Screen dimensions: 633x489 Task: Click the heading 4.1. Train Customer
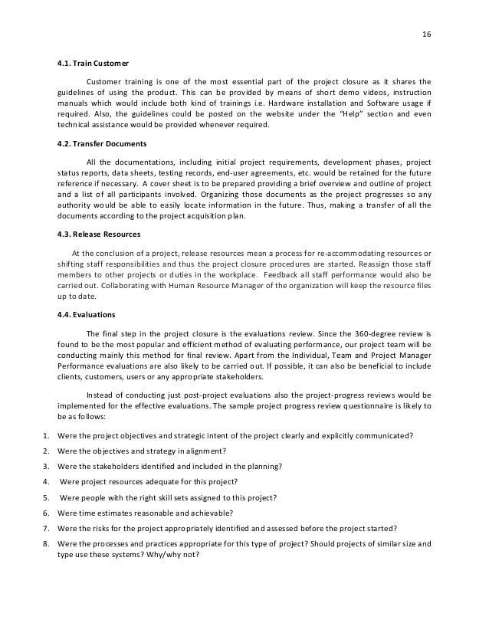pyautogui.click(x=94, y=62)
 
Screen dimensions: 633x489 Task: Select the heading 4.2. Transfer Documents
pyautogui.click(x=103, y=143)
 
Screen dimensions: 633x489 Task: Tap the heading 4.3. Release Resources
pyautogui.click(x=100, y=235)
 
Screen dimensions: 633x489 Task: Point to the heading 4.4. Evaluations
pyautogui.click(x=86, y=315)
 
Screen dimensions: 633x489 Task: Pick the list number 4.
pyautogui.click(x=46, y=481)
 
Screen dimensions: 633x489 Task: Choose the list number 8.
pyautogui.click(x=46, y=543)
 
